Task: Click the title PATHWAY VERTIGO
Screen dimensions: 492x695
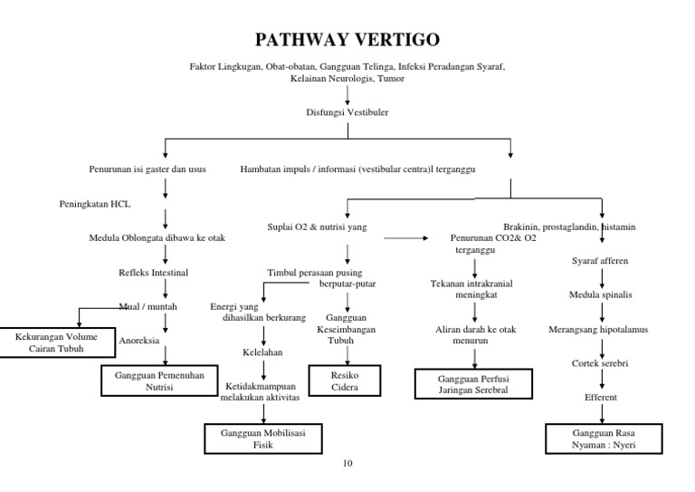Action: pos(347,40)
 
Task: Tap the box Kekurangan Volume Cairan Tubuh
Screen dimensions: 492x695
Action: pos(58,341)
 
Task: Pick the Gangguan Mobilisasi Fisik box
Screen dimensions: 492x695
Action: pos(263,439)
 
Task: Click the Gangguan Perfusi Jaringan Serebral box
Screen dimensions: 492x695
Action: pos(473,383)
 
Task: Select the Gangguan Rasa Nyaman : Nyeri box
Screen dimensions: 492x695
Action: pos(599,439)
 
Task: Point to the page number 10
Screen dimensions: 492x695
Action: pos(347,464)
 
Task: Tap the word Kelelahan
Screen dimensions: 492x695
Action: pos(263,351)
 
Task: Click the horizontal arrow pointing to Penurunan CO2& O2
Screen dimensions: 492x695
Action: pos(406,238)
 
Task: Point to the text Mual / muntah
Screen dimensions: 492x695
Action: pos(149,306)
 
